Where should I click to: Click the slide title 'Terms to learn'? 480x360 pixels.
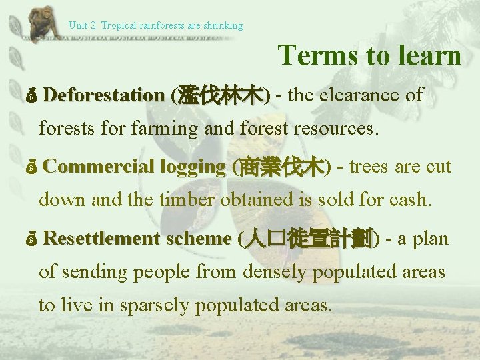[x=369, y=55]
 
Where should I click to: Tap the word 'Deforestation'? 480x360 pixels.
[x=103, y=95]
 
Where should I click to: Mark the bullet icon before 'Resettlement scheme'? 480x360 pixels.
[x=31, y=239]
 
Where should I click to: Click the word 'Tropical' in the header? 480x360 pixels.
[x=119, y=25]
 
